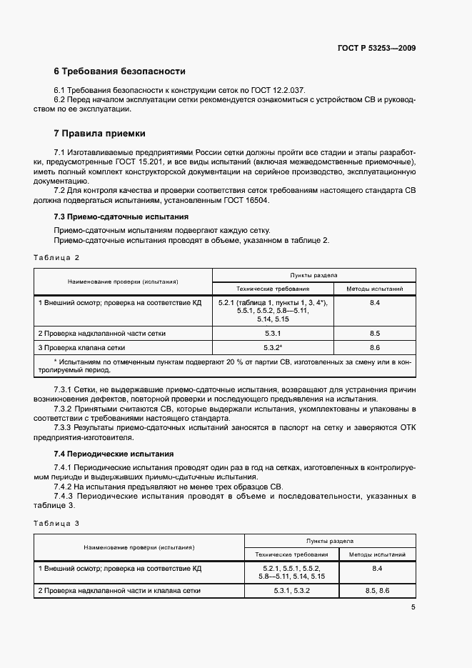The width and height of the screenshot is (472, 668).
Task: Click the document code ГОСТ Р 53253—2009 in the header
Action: click(377, 48)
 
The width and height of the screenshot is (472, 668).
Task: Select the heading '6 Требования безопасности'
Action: click(119, 71)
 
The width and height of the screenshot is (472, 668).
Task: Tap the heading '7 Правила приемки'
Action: click(99, 133)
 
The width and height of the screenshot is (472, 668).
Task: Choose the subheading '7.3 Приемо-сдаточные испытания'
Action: click(121, 216)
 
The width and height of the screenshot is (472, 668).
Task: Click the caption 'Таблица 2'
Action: click(56, 256)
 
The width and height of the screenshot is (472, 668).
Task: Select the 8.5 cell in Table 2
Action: click(375, 334)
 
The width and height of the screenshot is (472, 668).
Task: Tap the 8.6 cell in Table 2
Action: click(375, 347)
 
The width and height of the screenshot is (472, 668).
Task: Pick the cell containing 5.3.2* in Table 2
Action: click(273, 347)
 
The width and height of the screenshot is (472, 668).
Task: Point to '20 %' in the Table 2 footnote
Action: click(216, 362)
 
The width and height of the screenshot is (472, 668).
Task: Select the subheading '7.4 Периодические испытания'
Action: click(114, 454)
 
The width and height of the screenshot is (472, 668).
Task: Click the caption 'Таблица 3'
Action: click(56, 523)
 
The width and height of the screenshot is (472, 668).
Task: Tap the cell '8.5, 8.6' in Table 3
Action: click(377, 591)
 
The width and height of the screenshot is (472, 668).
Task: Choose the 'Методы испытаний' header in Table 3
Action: click(377, 554)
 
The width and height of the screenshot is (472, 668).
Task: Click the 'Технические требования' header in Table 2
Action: click(273, 289)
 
